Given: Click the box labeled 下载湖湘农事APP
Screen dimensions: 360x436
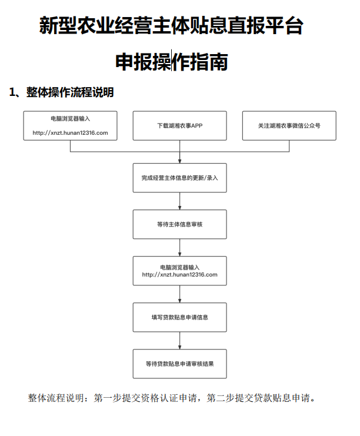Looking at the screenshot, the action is click(x=179, y=126).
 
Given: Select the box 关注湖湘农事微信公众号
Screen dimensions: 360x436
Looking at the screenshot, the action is click(x=289, y=126).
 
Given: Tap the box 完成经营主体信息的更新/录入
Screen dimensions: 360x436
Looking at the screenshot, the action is click(x=179, y=178).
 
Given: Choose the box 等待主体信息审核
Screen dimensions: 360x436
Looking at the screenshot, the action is click(x=179, y=224).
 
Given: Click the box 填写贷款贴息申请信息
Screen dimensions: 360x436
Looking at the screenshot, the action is click(x=179, y=317).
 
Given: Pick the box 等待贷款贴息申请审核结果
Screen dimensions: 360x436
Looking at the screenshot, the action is click(x=179, y=364).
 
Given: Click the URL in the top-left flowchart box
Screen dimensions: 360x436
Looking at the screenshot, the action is click(x=70, y=133).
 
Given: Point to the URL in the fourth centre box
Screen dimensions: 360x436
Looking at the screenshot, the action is click(x=179, y=275).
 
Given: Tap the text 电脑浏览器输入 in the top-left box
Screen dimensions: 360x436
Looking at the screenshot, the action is click(x=70, y=119).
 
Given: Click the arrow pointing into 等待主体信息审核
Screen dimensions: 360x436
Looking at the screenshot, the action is click(x=179, y=201).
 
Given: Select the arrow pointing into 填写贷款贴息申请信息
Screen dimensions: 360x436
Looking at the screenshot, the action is click(x=179, y=294).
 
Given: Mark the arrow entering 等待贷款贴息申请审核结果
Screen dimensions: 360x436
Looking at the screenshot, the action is click(x=179, y=341).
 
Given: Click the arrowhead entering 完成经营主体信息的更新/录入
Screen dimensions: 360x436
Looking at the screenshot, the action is click(x=179, y=161).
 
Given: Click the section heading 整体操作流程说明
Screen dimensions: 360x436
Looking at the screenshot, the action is click(x=70, y=92).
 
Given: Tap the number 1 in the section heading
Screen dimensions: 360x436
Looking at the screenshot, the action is click(x=12, y=92).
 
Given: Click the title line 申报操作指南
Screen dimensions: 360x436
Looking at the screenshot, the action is click(x=172, y=62).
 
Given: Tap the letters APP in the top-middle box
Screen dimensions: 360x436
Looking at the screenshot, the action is click(x=197, y=126).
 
